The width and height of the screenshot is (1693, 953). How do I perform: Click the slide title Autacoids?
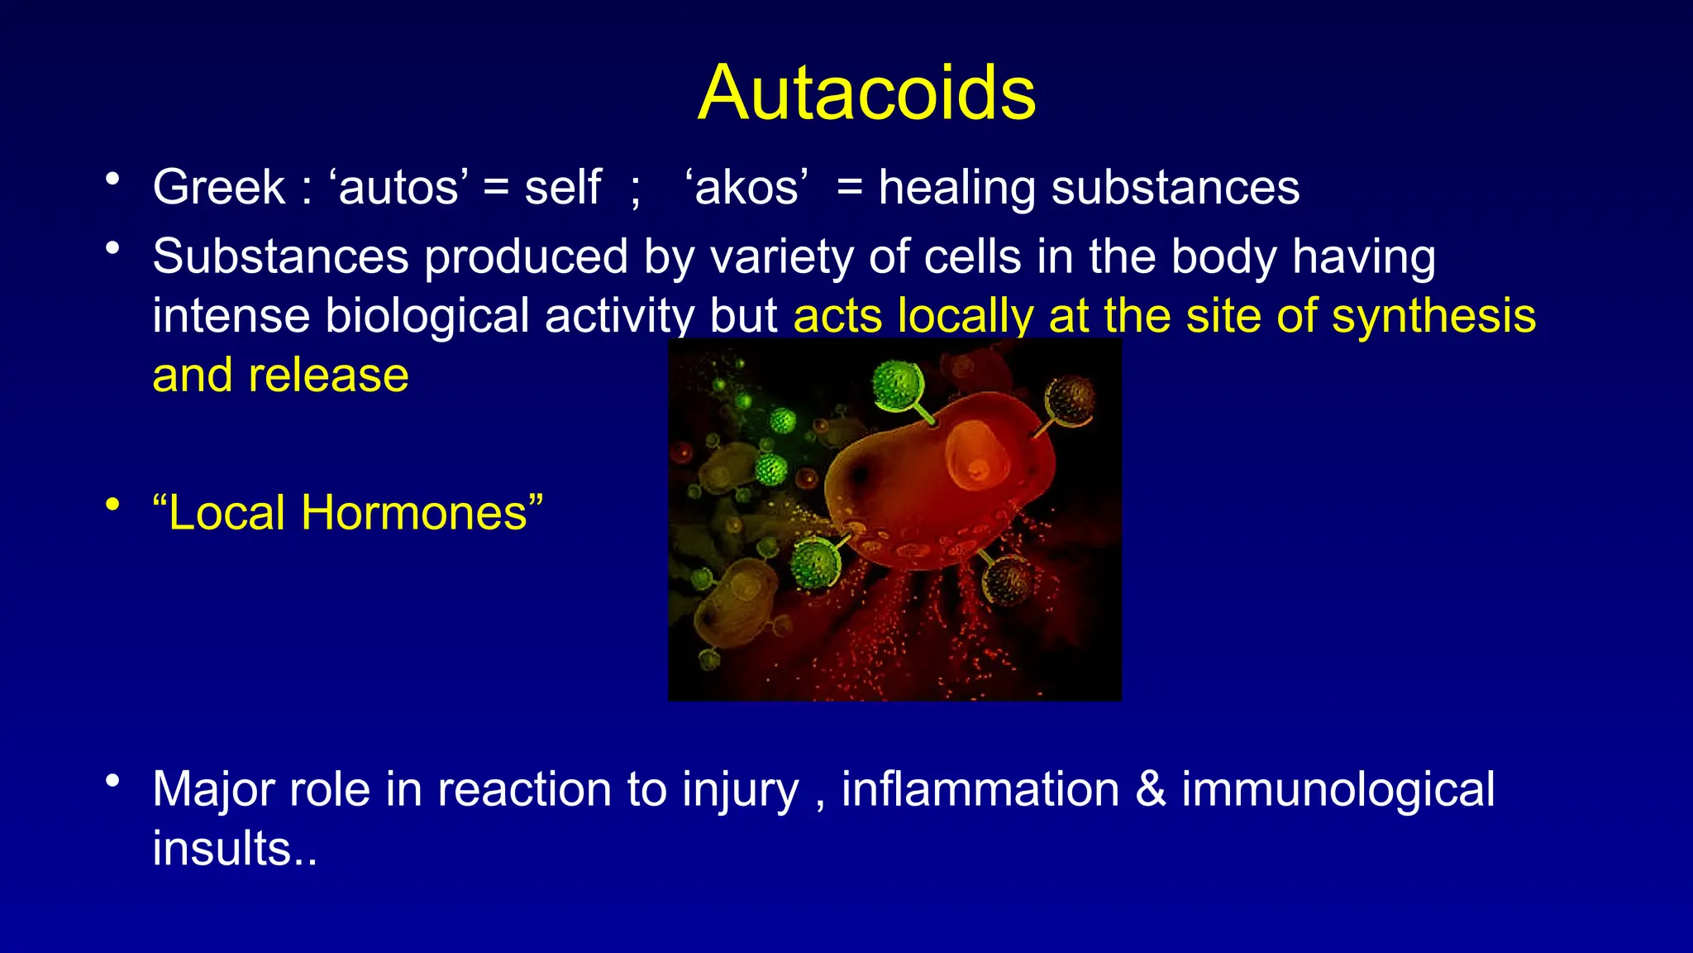[866, 93]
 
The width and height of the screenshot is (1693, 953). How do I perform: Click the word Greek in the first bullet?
[218, 187]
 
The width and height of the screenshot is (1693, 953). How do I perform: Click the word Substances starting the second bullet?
[281, 256]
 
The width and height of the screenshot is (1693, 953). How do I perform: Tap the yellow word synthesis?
[1433, 316]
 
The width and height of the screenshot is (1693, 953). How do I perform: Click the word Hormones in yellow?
[413, 513]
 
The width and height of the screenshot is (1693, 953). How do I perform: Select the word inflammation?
[980, 789]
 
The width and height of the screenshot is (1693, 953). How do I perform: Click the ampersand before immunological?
[1150, 789]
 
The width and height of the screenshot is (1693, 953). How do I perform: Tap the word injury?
[740, 789]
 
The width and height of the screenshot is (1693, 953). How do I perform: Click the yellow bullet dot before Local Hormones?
[113, 505]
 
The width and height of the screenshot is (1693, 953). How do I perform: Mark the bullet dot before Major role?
[113, 781]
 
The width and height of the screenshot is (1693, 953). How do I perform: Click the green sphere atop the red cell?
[897, 385]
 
